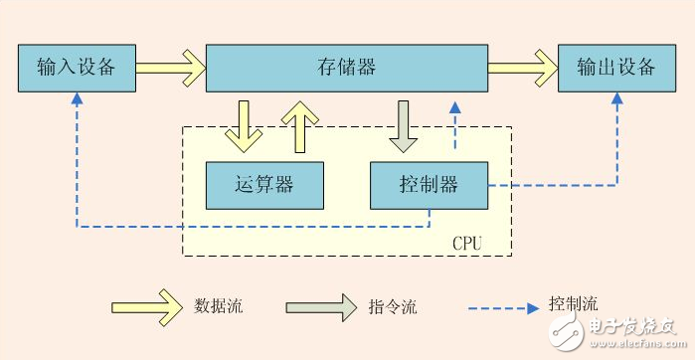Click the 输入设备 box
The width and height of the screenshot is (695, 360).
tap(77, 69)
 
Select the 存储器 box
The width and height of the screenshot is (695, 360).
tap(346, 69)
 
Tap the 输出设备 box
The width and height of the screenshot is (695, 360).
tap(616, 69)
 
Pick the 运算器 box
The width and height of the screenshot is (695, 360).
tap(264, 185)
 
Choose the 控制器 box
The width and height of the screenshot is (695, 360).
tap(429, 185)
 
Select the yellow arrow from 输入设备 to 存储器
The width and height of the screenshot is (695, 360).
tap(170, 69)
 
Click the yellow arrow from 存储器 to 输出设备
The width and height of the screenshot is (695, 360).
tap(522, 69)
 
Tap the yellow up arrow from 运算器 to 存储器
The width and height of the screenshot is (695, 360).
tap(295, 123)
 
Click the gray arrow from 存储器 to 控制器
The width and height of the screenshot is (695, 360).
tap(403, 125)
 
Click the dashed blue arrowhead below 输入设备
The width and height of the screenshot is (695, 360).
tap(77, 99)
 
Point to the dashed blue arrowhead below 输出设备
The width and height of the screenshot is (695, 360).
tap(617, 99)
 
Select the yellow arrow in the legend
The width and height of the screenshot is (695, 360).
tap(143, 307)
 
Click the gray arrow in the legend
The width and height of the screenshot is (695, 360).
tap(321, 307)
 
